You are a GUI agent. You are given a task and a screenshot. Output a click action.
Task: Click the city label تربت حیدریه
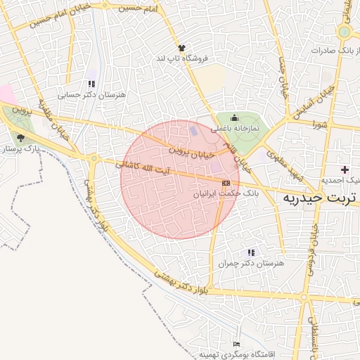tap(321, 198)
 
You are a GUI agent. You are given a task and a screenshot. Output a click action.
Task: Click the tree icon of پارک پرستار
tap(20, 138)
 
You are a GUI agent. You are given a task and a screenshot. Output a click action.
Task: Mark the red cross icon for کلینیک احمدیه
tap(344, 169)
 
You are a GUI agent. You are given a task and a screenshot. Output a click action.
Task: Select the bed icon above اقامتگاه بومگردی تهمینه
tap(236, 343)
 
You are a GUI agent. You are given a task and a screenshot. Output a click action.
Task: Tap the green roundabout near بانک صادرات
tap(344, 32)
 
